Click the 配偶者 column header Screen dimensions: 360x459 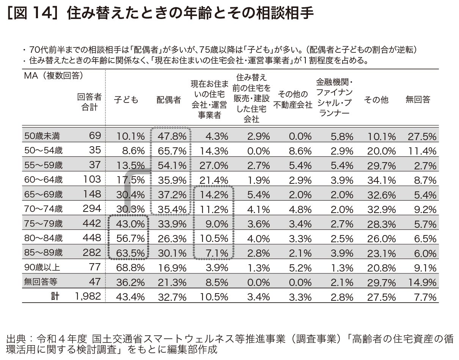pos(169,100)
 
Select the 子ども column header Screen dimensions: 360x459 pos(126,100)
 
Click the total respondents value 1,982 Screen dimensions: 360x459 pos(88,297)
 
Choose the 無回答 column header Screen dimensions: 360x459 pos(418,100)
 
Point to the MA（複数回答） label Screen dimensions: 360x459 pos(53,76)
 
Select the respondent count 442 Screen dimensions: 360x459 pos(92,223)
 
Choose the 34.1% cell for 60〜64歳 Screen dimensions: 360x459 pos(382,180)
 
